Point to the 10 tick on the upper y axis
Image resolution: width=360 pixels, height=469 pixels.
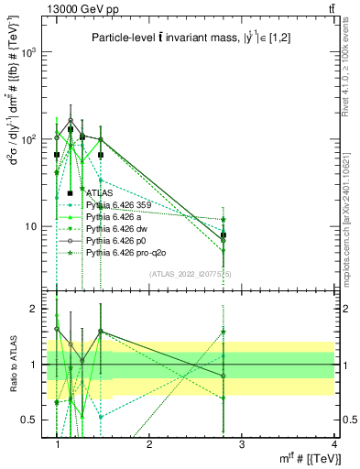[x=35, y=226]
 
